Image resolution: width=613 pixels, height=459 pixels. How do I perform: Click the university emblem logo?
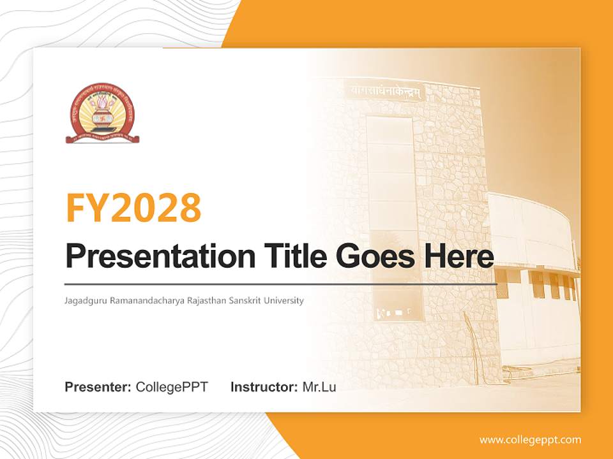tap(102, 112)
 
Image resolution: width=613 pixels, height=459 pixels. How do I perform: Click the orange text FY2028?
tap(133, 208)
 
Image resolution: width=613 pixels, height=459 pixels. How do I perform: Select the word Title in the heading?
tap(291, 256)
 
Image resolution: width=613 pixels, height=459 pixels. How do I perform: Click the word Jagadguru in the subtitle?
tap(86, 301)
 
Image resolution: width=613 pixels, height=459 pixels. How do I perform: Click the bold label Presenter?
tap(98, 387)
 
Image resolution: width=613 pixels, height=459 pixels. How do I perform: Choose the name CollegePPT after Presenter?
tap(172, 387)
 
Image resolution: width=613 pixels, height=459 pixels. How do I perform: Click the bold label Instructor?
tap(264, 387)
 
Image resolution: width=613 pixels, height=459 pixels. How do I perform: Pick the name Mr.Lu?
tap(319, 387)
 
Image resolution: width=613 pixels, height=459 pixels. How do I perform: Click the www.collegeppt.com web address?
tap(530, 440)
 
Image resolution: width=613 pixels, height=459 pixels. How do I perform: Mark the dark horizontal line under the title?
tap(281, 284)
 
